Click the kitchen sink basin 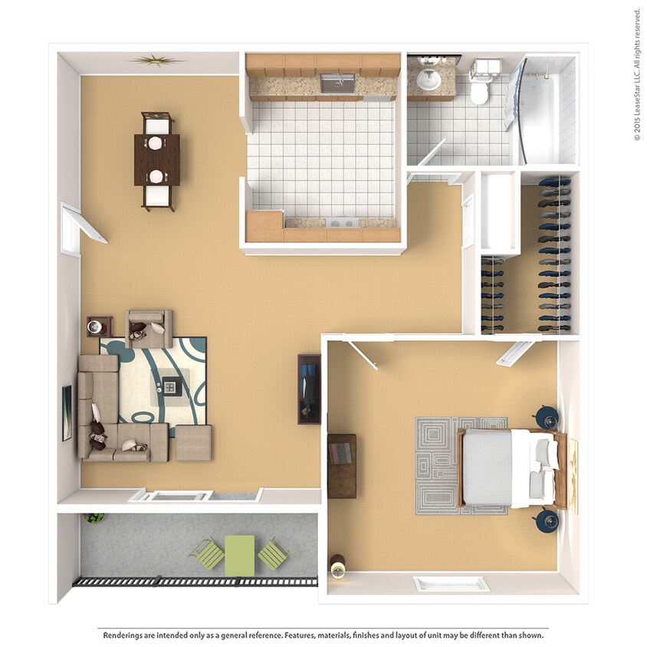click(337, 84)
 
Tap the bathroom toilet click(482, 83)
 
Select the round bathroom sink click(429, 80)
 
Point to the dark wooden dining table click(157, 159)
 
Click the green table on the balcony click(239, 556)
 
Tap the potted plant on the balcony click(94, 517)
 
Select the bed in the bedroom click(511, 468)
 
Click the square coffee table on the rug click(172, 386)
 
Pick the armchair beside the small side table click(149, 329)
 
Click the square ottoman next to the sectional click(193, 443)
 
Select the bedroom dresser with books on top click(342, 466)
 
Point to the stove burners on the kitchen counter click(343, 223)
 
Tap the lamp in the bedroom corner click(338, 567)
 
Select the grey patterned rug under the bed click(461, 466)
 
